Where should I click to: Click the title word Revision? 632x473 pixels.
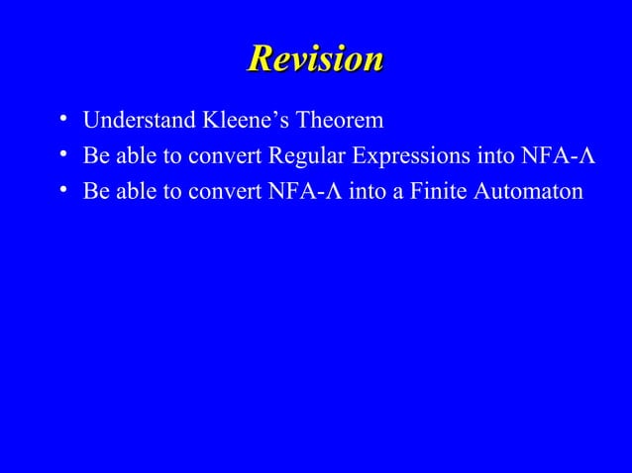tap(315, 58)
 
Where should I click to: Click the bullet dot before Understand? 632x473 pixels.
tap(62, 121)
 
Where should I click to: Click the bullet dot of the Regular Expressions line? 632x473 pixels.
tap(62, 155)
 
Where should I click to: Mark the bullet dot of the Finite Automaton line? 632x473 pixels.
tap(62, 190)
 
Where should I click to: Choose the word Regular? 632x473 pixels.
tap(302, 156)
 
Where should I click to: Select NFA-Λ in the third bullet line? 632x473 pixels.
tap(306, 191)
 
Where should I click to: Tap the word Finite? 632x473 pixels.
tap(438, 191)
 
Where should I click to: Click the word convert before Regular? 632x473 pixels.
tap(232, 156)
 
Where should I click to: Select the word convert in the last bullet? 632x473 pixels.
tap(232, 191)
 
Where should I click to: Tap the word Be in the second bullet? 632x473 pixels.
tap(95, 156)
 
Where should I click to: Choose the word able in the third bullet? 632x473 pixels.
tap(134, 191)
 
